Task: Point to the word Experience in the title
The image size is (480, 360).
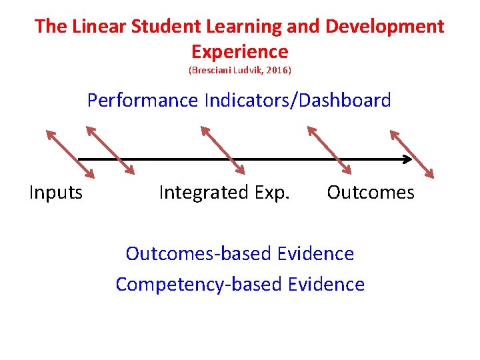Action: tap(239, 51)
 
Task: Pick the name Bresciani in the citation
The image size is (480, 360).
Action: tap(211, 70)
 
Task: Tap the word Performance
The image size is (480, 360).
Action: tap(143, 101)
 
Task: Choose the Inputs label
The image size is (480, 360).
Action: tap(56, 193)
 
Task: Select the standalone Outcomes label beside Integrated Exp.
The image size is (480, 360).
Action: tap(371, 193)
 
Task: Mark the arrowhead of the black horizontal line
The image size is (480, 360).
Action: tap(406, 159)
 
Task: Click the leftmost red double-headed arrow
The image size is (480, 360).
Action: tap(69, 153)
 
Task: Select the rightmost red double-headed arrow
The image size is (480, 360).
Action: tap(411, 154)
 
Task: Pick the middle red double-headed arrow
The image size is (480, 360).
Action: tap(223, 151)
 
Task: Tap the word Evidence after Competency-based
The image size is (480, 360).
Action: tap(327, 284)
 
